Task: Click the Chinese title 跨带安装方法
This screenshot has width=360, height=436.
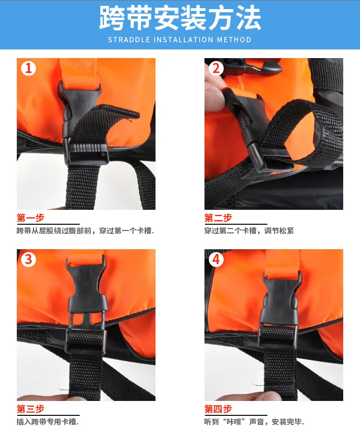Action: click(x=180, y=18)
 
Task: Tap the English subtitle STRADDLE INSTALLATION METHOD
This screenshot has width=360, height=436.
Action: click(x=180, y=40)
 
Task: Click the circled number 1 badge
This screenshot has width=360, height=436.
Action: click(x=28, y=68)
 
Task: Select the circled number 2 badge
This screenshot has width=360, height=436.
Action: click(x=216, y=68)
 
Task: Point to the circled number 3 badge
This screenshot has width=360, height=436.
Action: click(x=28, y=259)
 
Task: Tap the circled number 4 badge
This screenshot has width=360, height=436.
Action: click(x=216, y=259)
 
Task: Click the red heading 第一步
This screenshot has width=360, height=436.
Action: click(x=31, y=218)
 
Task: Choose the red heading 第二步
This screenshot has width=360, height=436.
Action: click(x=218, y=218)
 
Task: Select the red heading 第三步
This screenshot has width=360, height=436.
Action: click(x=31, y=409)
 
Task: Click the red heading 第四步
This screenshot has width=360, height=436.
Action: click(x=218, y=409)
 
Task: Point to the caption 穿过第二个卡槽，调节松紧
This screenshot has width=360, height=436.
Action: click(x=249, y=231)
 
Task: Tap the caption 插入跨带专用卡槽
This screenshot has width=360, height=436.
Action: click(x=48, y=422)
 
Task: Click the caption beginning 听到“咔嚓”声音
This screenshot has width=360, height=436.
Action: click(x=254, y=422)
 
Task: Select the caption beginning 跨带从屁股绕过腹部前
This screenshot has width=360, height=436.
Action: click(x=85, y=231)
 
